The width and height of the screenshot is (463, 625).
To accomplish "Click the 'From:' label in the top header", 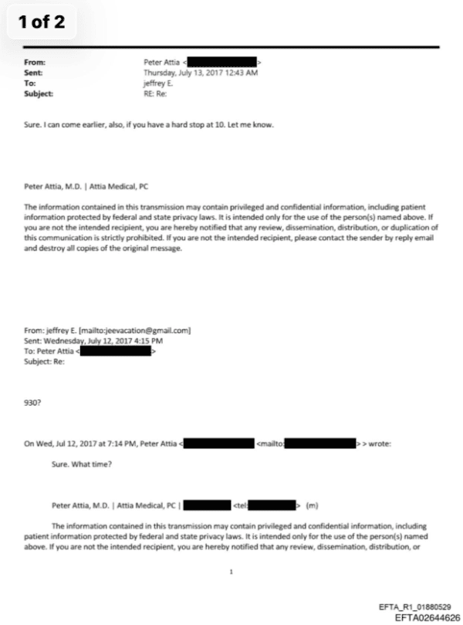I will (36, 60).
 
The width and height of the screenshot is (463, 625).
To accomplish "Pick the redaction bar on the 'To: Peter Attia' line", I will (115, 351).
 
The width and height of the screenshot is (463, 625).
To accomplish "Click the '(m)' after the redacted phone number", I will (312, 507).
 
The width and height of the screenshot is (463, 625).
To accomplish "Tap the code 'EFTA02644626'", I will (427, 617).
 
